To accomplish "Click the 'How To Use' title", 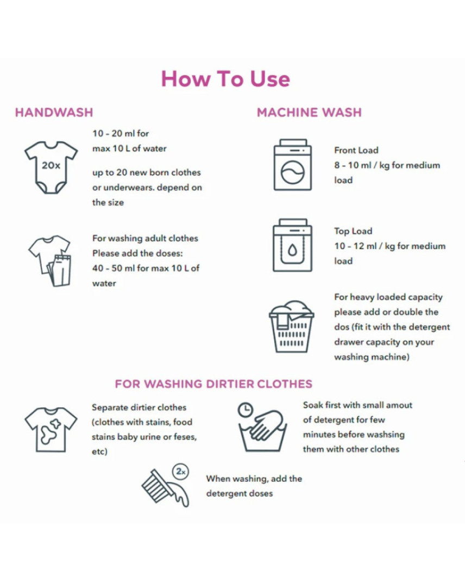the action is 225,79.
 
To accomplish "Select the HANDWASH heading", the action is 54,113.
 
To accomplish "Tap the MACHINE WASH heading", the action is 309,113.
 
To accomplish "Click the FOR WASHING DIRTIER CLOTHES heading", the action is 213,384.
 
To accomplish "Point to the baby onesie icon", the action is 51,167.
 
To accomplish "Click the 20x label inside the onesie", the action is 51,165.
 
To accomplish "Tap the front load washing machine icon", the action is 293,165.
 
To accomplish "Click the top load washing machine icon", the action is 293,245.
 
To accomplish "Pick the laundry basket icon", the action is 292,327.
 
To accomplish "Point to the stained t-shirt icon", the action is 51,430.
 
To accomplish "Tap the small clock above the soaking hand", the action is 245,410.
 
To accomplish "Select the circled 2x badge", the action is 180,472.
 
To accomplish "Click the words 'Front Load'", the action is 356,150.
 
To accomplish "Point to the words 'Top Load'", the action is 353,231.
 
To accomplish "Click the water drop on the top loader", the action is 293,251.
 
